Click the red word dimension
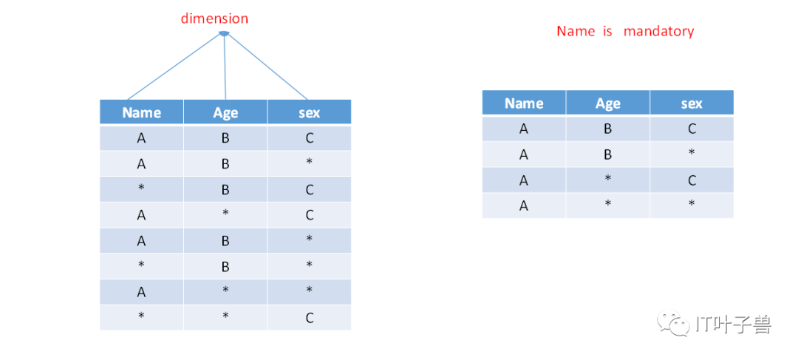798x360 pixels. tap(215, 18)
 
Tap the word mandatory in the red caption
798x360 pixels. tap(658, 32)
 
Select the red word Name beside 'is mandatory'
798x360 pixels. tap(576, 31)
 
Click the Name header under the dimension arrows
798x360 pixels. tap(141, 112)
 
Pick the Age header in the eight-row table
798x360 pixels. tap(225, 113)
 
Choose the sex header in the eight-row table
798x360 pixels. tap(310, 113)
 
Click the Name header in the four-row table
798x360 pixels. tap(524, 103)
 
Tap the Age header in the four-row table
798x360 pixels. tap(607, 104)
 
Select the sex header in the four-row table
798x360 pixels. tap(692, 104)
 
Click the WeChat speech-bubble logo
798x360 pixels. tap(672, 322)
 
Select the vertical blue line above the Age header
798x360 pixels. tap(225, 67)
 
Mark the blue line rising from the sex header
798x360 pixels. tap(267, 67)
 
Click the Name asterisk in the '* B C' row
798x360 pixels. tap(141, 188)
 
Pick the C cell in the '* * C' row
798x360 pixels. tap(310, 319)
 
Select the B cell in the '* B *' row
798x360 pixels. tap(225, 266)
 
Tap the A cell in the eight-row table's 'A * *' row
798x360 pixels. tap(141, 292)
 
